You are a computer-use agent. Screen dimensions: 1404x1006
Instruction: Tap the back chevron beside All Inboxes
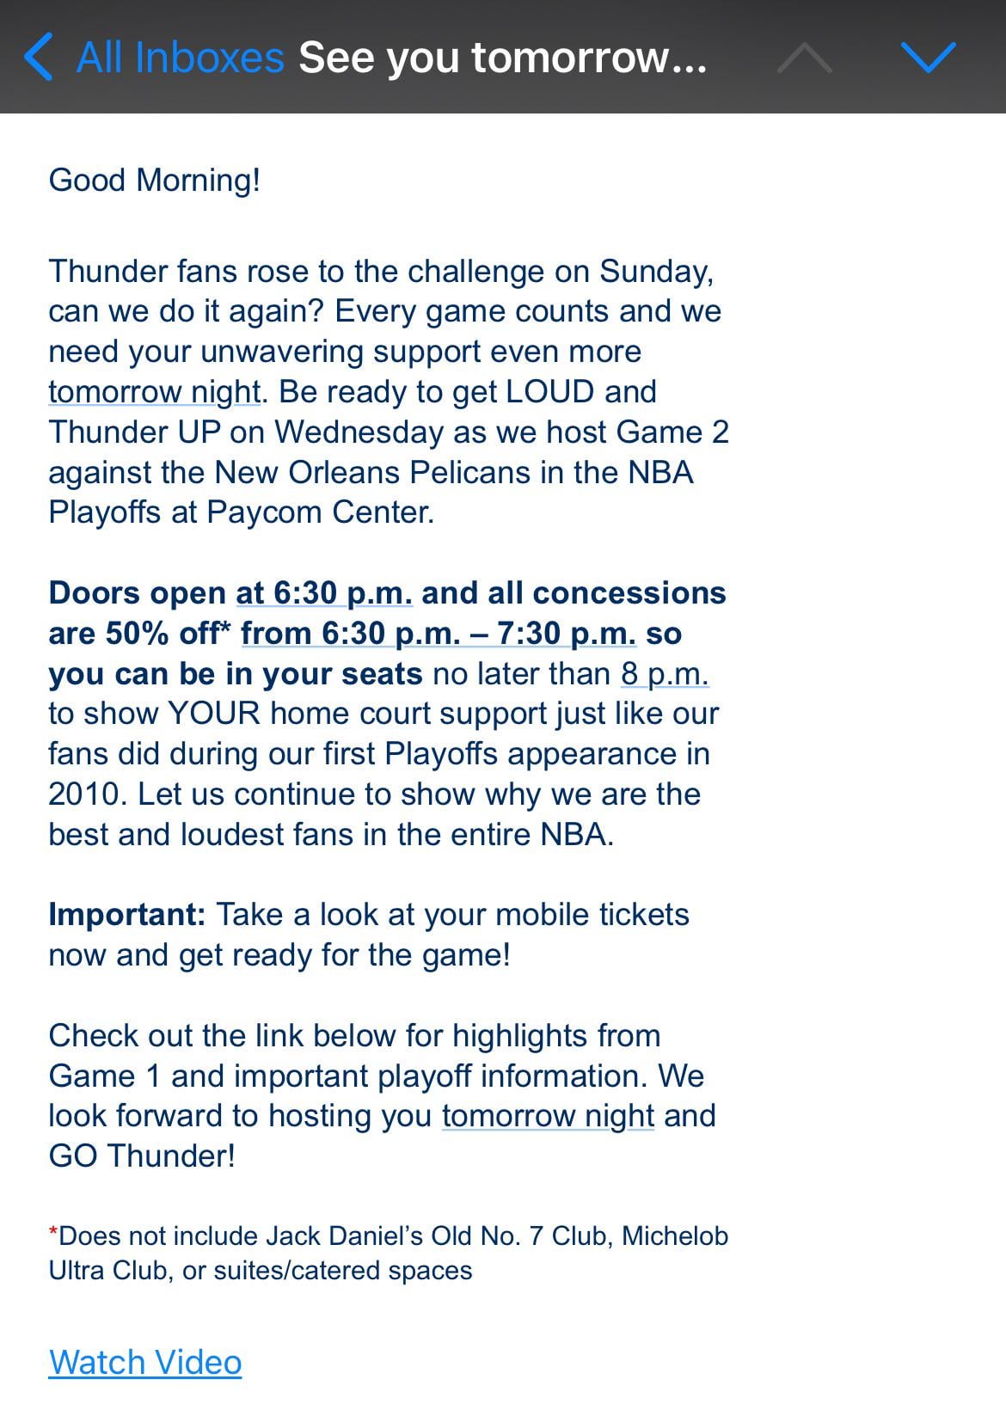(39, 58)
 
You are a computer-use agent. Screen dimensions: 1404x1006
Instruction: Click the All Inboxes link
(181, 58)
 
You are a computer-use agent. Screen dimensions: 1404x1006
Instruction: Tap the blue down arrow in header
(929, 58)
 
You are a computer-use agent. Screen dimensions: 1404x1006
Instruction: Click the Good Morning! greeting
(155, 181)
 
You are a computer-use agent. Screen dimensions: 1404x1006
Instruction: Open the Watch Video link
(145, 1363)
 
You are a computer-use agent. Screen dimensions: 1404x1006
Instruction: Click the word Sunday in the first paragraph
(655, 272)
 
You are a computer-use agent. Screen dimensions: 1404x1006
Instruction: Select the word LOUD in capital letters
(550, 392)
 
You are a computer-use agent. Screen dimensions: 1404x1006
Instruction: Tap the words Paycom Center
(320, 512)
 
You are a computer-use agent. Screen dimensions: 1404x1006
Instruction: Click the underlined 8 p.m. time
(665, 674)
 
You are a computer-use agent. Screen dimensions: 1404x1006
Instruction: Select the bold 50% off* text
(169, 634)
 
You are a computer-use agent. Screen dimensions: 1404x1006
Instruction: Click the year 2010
(87, 794)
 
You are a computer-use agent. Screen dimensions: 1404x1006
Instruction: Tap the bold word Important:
(127, 915)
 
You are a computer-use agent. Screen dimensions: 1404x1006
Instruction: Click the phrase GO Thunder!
(142, 1156)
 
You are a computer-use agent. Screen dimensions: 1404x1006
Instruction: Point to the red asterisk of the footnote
(53, 1234)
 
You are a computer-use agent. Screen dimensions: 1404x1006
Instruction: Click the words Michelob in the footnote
(675, 1236)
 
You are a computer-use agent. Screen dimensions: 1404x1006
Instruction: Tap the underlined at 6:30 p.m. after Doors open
(324, 593)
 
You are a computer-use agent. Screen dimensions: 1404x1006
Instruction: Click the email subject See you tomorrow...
(502, 58)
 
